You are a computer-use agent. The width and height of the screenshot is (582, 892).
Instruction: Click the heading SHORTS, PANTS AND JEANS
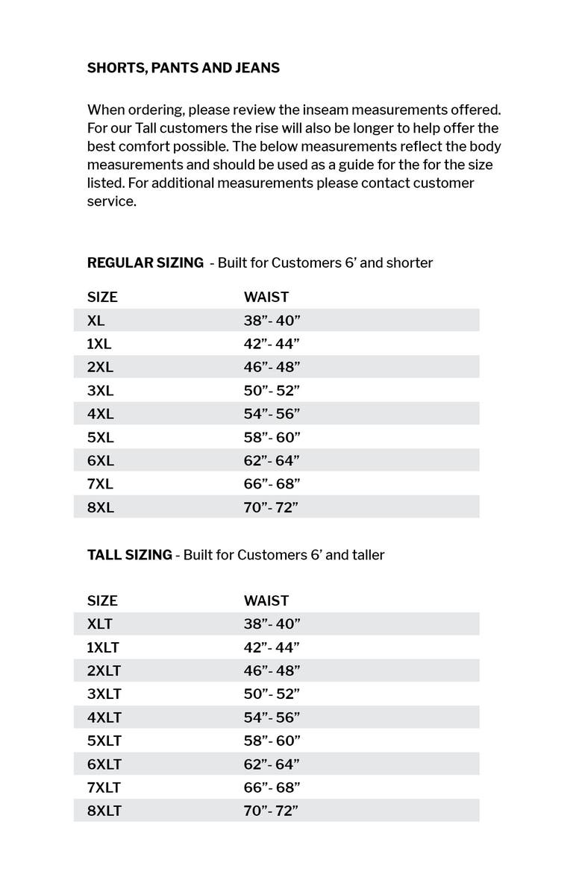pyautogui.click(x=184, y=68)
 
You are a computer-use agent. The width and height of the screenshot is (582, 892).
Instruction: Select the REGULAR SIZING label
pyautogui.click(x=145, y=263)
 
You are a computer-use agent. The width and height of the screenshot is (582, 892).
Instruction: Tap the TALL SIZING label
pyautogui.click(x=129, y=555)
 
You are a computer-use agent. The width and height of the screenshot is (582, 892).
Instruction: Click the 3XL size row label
pyautogui.click(x=101, y=391)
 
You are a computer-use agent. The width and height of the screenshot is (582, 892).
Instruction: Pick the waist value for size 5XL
pyautogui.click(x=272, y=437)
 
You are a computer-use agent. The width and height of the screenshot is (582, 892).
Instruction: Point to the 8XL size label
pyautogui.click(x=101, y=508)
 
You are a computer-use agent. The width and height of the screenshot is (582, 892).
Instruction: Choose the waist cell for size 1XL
pyautogui.click(x=272, y=344)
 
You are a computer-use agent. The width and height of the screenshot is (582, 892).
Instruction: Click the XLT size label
pyautogui.click(x=100, y=624)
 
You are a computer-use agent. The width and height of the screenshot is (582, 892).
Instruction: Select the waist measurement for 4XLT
pyautogui.click(x=272, y=717)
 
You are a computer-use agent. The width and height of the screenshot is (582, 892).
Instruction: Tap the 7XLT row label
pyautogui.click(x=104, y=788)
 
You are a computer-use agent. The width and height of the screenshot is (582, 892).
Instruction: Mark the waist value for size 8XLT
pyautogui.click(x=272, y=811)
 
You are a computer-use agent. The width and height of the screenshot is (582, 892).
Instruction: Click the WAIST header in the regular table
pyautogui.click(x=266, y=297)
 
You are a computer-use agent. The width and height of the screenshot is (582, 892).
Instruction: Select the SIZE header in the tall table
pyautogui.click(x=102, y=600)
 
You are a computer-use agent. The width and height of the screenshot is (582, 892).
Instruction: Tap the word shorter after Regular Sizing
pyautogui.click(x=409, y=263)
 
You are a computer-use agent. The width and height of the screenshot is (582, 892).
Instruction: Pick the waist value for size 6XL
pyautogui.click(x=272, y=461)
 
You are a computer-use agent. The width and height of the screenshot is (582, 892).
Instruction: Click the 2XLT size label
pyautogui.click(x=104, y=670)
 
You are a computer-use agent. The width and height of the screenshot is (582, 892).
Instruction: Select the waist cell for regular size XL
pyautogui.click(x=272, y=321)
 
